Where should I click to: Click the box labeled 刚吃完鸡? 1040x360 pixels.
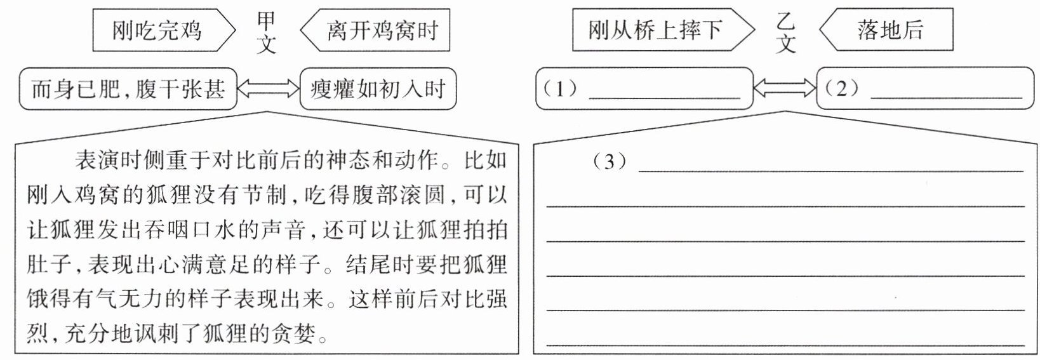163,30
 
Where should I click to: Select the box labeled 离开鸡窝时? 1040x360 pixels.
375,30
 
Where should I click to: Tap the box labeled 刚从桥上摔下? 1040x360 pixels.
663,30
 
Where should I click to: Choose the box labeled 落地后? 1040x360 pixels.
886,30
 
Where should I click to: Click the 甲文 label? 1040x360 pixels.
267,32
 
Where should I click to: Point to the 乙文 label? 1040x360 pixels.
786,32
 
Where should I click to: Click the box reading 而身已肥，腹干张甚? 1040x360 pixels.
128,89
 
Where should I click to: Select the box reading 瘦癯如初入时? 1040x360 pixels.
378,89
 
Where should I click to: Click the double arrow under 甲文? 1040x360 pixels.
269,88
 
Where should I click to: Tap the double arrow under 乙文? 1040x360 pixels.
785,88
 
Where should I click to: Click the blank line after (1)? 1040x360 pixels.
664,98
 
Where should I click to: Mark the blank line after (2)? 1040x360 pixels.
947,98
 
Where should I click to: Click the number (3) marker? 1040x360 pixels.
610,161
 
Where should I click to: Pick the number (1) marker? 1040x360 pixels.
561,88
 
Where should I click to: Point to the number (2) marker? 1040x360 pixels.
842,88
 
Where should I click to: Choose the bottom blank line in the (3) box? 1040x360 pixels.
785,345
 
